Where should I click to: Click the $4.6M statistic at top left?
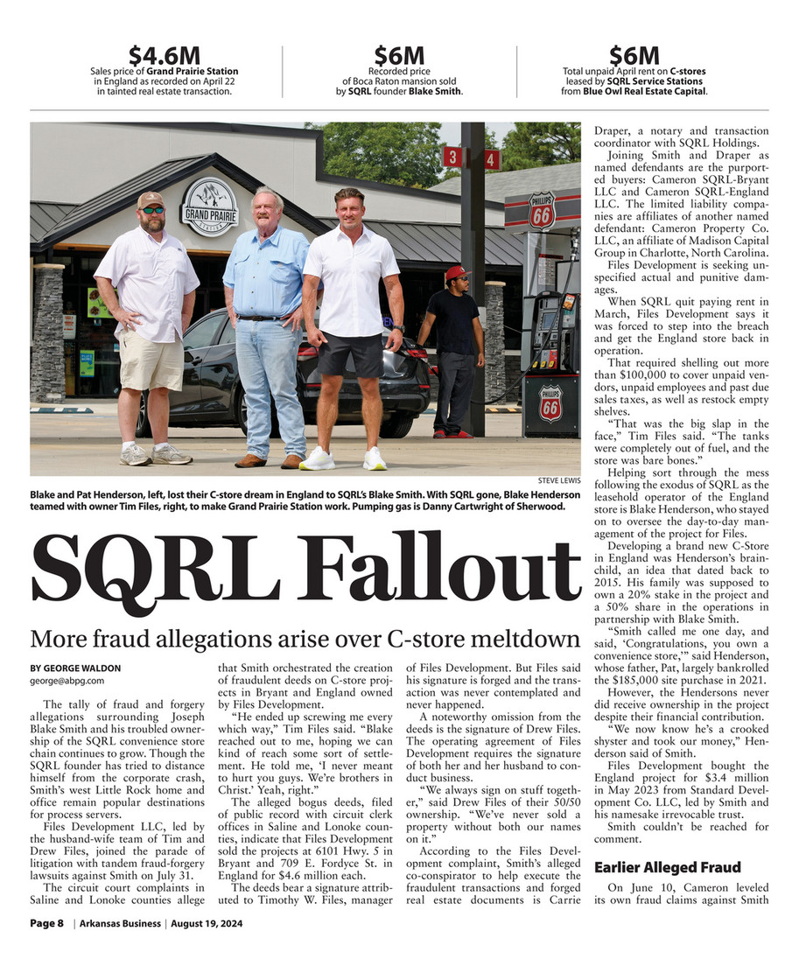point(164,55)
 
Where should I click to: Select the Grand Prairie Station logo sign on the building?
point(209,207)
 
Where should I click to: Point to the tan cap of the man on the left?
point(151,199)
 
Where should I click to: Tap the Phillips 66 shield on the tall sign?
point(541,213)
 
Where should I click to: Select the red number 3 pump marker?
point(452,157)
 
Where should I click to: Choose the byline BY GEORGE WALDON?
point(75,668)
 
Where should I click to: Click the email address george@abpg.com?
point(67,680)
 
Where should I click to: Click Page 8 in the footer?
point(47,924)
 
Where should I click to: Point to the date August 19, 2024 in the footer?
point(207,924)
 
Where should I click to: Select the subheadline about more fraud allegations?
point(305,638)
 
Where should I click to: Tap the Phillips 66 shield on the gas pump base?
point(549,402)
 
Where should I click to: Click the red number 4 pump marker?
point(491,159)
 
